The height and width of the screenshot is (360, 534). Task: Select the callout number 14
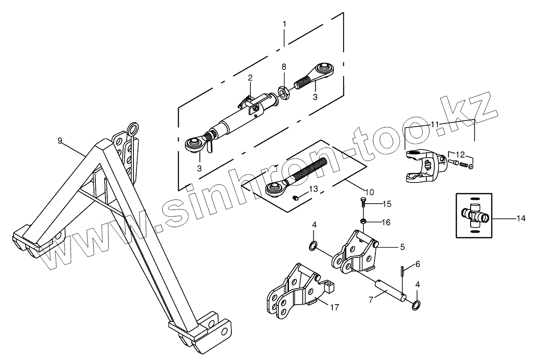pyautogui.click(x=521, y=218)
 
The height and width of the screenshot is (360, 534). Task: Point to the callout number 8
pyautogui.click(x=284, y=66)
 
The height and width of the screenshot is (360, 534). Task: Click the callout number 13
pyautogui.click(x=313, y=190)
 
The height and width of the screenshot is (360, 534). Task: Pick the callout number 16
pyautogui.click(x=386, y=222)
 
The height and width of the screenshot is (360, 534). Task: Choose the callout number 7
pyautogui.click(x=372, y=299)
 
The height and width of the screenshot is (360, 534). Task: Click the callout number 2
pyautogui.click(x=250, y=77)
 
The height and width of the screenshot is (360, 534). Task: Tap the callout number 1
pyautogui.click(x=284, y=23)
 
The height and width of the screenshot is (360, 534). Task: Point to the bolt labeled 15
pyautogui.click(x=362, y=204)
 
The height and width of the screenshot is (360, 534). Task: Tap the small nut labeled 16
pyautogui.click(x=362, y=221)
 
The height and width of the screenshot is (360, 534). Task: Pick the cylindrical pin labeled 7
pyautogui.click(x=390, y=292)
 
